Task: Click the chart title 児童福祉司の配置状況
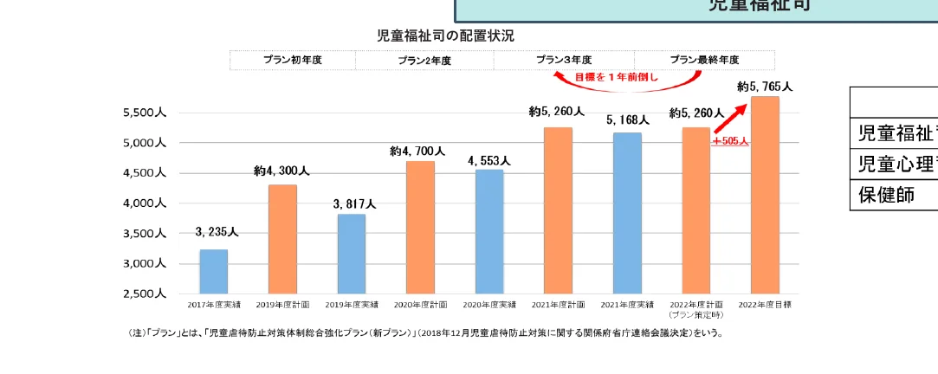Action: coord(445,35)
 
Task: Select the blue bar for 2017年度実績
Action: coord(213,272)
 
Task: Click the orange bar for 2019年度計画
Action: coord(282,239)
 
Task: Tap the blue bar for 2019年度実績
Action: coord(351,254)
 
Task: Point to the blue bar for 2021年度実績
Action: coord(627,213)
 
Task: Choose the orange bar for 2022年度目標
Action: coord(765,195)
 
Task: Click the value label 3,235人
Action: coord(217,232)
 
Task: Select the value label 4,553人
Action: coord(489,161)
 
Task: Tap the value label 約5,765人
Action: coord(765,87)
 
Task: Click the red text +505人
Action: coord(730,140)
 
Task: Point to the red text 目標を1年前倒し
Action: coord(616,77)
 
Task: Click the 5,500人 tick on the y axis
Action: coord(144,113)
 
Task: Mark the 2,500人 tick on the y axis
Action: coord(144,294)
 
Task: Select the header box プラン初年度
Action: coord(293,60)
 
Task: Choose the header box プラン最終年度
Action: coord(704,60)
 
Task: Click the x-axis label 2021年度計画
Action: coord(559,305)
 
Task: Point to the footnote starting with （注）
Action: coord(424,332)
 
